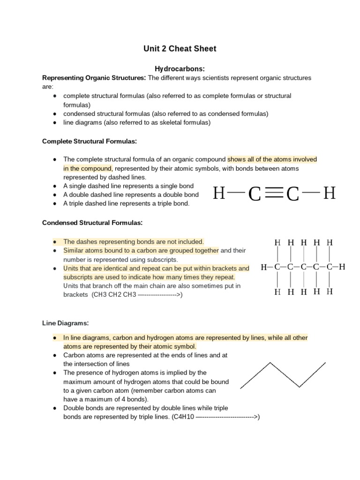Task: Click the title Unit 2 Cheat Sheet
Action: point(180,49)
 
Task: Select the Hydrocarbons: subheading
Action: point(180,69)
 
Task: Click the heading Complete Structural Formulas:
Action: point(89,141)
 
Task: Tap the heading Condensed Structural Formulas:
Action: point(92,223)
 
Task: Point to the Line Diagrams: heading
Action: point(65,323)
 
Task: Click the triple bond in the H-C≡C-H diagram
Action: point(273,193)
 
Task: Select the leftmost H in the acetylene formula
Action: point(219,193)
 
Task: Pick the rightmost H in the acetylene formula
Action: point(330,193)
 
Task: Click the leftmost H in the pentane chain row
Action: point(264,267)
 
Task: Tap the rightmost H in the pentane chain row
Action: point(342,267)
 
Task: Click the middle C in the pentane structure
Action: point(303,267)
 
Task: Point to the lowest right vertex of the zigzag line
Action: point(300,387)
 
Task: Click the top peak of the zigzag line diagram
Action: point(270,362)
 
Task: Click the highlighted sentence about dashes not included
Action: point(134,242)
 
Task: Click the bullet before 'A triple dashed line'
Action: point(55,204)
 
